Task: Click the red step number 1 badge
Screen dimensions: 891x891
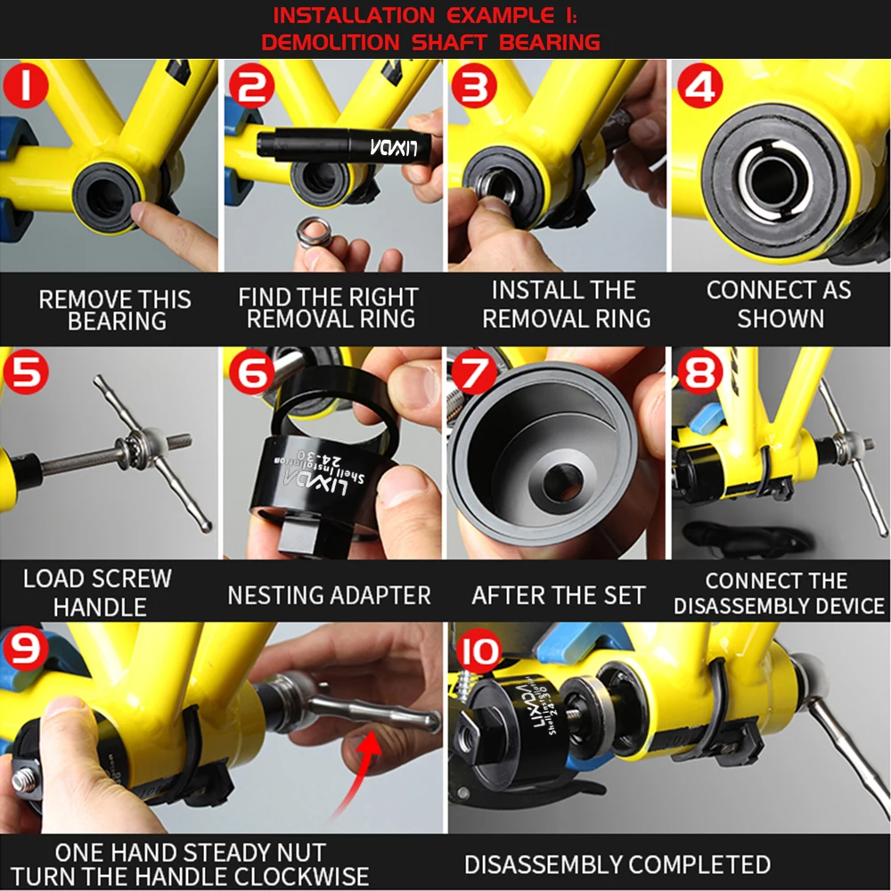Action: tap(25, 85)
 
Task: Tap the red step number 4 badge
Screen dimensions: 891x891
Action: tap(700, 86)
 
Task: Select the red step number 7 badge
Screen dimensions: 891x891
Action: tap(475, 372)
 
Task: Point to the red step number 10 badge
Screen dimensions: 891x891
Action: tap(478, 650)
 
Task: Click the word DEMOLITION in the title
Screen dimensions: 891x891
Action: tap(331, 42)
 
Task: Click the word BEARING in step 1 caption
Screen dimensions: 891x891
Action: tap(117, 322)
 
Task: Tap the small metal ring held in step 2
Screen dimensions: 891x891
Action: tap(313, 232)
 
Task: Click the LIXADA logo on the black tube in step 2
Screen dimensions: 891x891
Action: tap(394, 147)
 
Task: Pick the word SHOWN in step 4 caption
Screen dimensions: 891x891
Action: tap(781, 318)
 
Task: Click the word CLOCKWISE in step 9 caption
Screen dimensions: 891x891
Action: tap(304, 876)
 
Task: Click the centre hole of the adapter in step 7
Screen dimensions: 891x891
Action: tap(563, 482)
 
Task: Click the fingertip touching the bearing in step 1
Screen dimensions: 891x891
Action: tap(142, 214)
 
